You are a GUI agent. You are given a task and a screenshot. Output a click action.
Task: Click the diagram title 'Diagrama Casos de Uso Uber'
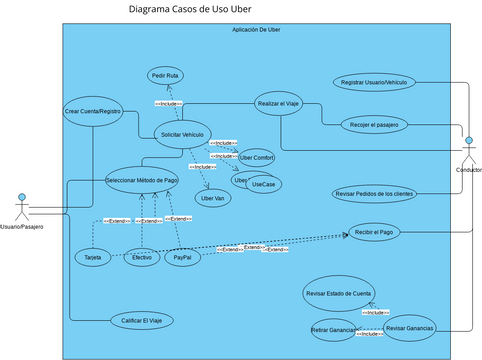pos(190,10)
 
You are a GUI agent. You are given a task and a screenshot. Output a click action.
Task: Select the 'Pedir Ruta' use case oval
pos(165,76)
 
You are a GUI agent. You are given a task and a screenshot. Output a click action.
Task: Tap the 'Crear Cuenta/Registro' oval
pos(92,111)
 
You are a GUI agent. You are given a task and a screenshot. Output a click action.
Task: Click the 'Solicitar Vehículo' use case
pos(182,135)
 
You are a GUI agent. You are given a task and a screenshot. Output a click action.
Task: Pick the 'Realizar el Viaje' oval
pos(279,103)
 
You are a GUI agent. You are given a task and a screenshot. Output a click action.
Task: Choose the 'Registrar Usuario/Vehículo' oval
pos(373,82)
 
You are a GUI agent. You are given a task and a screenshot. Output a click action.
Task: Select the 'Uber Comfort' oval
pos(256,158)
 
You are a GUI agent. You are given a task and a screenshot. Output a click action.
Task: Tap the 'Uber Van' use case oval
pos(213,198)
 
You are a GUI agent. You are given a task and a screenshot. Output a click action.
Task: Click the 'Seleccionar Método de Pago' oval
pos(141,180)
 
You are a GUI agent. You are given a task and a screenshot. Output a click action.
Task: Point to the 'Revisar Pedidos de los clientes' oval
pos(373,193)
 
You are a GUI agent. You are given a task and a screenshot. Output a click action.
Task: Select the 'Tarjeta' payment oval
pos(92,258)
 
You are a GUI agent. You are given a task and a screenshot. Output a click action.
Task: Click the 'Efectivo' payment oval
pos(142,258)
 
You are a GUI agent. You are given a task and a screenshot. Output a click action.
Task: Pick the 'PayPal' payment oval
pos(183,258)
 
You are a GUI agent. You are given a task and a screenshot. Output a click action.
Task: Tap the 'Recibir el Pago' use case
pos(373,232)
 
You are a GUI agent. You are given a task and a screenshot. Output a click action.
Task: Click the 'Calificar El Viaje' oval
pos(141,320)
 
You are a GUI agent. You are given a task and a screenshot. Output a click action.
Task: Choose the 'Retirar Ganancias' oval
pos(333,329)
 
